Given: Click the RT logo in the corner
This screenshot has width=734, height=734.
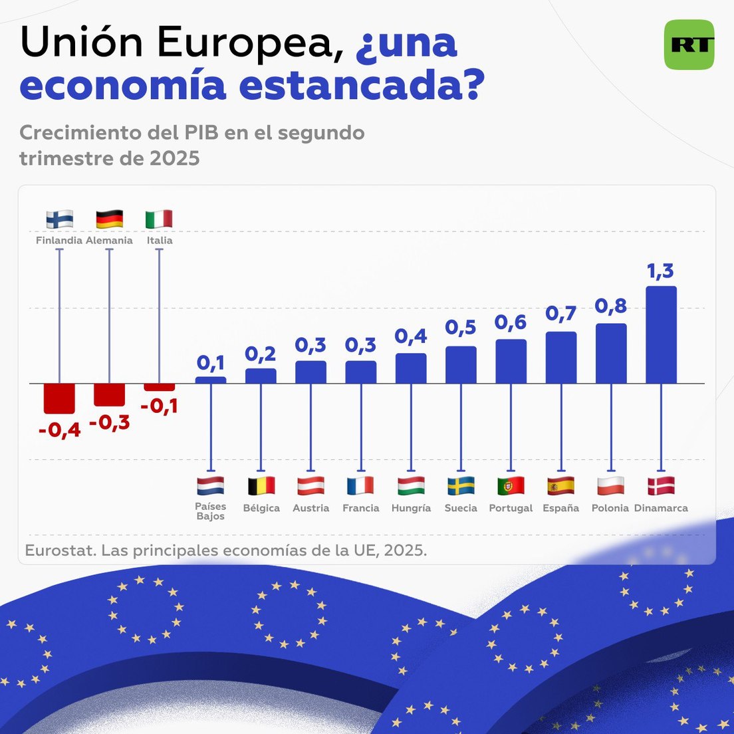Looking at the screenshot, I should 689,45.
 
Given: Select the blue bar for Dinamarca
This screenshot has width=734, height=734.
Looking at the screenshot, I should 661,334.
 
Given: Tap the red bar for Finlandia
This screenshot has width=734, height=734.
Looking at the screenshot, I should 59,398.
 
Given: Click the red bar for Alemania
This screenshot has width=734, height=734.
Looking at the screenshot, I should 109,394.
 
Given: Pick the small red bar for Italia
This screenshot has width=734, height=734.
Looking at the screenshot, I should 160,387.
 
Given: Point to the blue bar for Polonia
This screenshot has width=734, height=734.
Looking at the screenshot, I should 611,353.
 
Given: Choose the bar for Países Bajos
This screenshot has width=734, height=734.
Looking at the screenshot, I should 211,380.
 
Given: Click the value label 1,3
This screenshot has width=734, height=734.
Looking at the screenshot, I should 660,271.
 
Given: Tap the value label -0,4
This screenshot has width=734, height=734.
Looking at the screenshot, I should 59,430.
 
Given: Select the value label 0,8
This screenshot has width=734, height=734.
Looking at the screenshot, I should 610,306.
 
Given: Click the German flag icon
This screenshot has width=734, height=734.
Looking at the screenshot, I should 109,219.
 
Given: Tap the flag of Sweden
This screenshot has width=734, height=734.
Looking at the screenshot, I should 461,486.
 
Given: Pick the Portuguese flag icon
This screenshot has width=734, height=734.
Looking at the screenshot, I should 511,486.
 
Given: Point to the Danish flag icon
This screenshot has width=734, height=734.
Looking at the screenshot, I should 661,486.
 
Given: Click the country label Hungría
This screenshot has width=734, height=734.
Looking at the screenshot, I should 411,508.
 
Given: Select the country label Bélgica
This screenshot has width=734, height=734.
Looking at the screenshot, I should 261,508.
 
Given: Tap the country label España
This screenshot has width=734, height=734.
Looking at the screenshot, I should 560,508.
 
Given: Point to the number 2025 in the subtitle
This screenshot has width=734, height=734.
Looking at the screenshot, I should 175,158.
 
